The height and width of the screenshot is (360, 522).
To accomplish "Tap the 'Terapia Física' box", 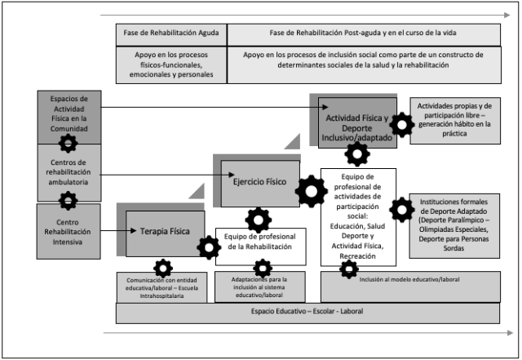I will pos(160,231).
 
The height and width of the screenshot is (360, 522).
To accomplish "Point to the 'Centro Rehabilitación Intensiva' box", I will pos(69,230).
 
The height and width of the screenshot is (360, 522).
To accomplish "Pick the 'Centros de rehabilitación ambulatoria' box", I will pos(69,172).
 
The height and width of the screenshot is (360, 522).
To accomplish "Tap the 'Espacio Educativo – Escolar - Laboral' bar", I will pos(308,313).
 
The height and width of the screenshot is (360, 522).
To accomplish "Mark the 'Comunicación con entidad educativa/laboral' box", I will pos(161,288).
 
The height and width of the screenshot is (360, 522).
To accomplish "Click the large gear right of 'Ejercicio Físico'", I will pos(311,192).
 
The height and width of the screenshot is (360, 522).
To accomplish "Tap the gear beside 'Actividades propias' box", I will pos(401,125).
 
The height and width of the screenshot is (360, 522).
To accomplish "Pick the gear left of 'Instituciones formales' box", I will pos(401,210).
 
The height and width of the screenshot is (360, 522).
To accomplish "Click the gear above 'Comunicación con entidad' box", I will pos(163,268).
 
